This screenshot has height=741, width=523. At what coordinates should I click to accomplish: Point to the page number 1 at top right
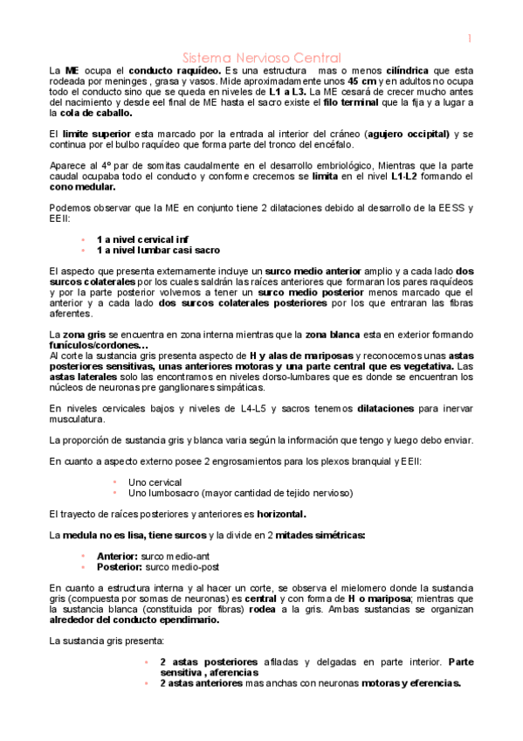pyautogui.click(x=469, y=38)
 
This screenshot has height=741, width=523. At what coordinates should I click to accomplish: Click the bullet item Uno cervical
pyautogui.click(x=155, y=481)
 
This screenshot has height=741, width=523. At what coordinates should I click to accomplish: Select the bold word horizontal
pyautogui.click(x=281, y=514)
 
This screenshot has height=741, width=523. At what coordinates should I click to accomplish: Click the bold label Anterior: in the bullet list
pyautogui.click(x=117, y=556)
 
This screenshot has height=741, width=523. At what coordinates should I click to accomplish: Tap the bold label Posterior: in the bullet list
pyautogui.click(x=119, y=566)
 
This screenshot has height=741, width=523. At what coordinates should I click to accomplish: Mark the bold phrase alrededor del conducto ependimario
pyautogui.click(x=146, y=620)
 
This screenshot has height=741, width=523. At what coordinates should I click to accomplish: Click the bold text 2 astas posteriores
pyautogui.click(x=202, y=661)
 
